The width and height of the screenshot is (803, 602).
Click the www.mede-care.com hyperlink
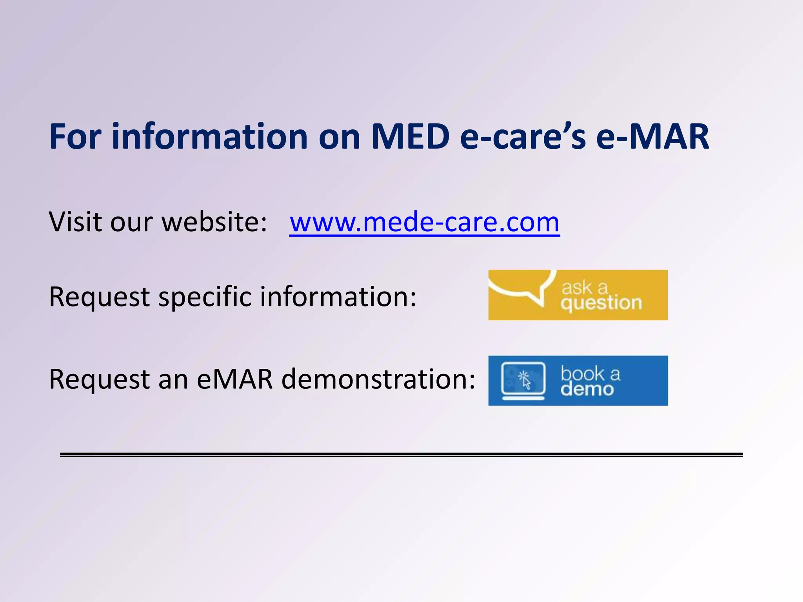click(424, 222)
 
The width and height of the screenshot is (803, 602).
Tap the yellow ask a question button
click(578, 295)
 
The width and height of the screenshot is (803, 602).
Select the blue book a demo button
click(578, 380)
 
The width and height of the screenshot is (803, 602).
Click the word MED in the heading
click(410, 136)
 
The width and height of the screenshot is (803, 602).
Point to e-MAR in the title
click(652, 136)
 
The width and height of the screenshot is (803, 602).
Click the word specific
click(205, 297)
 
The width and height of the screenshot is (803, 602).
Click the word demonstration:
click(378, 379)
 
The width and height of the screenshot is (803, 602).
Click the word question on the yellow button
click(601, 303)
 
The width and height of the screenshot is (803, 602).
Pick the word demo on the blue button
click(587, 389)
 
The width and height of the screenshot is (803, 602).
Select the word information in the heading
click(210, 136)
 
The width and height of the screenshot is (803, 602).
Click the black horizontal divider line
click(401, 455)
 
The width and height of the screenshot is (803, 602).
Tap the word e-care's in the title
click(523, 136)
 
